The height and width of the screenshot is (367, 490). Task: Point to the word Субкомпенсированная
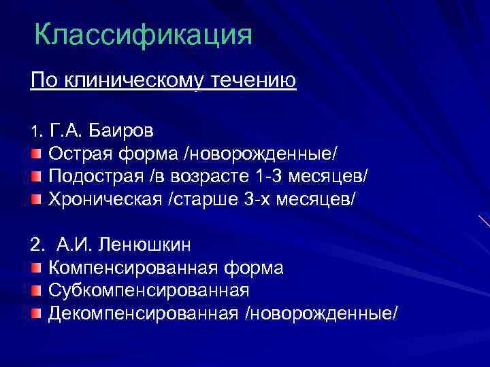[149, 291]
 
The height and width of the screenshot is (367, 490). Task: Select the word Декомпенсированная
[144, 313]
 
